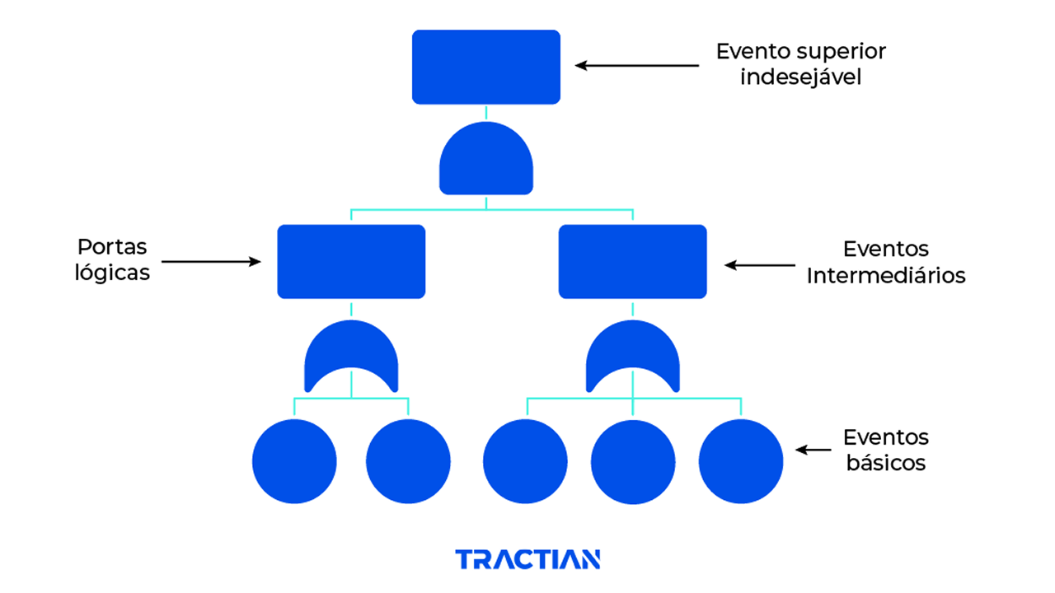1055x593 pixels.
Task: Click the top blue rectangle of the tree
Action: [486, 67]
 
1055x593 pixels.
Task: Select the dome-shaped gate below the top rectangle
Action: [486, 161]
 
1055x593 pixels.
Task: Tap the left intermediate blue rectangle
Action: [351, 261]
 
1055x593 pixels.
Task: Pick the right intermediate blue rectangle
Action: [633, 261]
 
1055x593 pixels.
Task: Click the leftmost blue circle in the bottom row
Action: [294, 461]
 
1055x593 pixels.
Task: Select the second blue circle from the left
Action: [408, 461]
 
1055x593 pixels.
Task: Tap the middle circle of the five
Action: [525, 461]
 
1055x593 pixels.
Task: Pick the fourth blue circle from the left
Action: [633, 461]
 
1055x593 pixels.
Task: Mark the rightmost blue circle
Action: [741, 461]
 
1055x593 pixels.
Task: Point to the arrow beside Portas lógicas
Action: [211, 262]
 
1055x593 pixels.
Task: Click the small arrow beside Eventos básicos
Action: [813, 450]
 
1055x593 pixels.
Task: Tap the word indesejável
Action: [801, 78]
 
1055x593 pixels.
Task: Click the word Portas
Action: [112, 246]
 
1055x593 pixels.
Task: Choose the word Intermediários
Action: [886, 276]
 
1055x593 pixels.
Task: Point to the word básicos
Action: [885, 463]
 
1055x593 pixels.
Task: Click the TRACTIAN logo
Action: [527, 560]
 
